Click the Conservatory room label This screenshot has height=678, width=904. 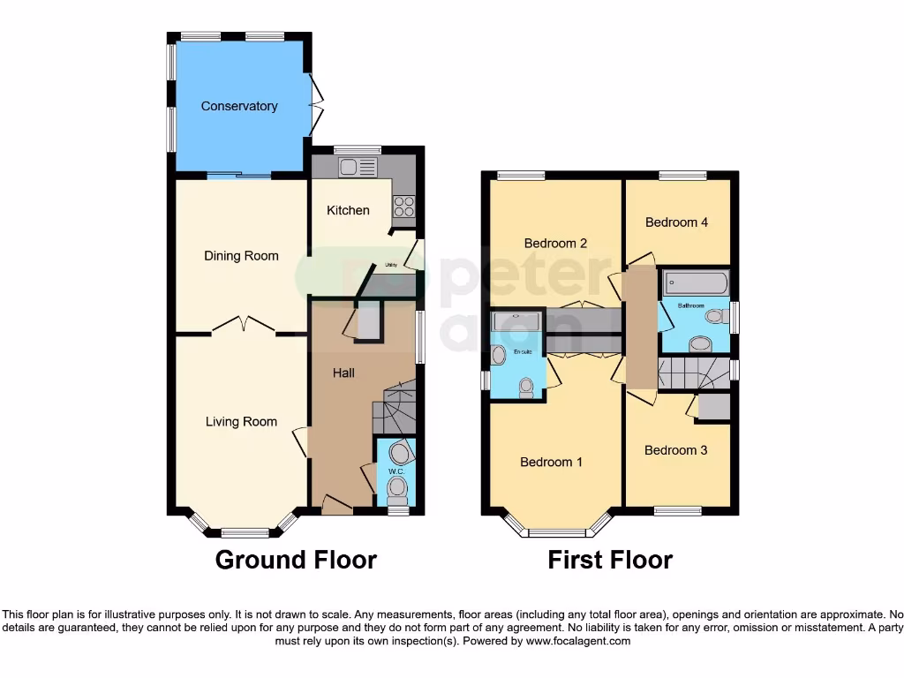tap(239, 106)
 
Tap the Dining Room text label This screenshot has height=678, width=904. tap(241, 256)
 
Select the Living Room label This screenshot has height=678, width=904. tap(241, 422)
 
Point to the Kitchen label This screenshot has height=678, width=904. tap(348, 210)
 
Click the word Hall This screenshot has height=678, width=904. tap(343, 373)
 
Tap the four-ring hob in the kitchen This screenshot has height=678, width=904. tap(403, 207)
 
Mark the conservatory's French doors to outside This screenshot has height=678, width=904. tap(314, 105)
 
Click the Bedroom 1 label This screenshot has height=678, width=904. tap(551, 462)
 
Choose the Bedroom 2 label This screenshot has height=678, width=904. tap(555, 243)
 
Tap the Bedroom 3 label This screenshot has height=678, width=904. tap(675, 450)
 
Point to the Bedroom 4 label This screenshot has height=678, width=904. tap(676, 222)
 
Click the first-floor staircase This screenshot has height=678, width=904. tap(694, 373)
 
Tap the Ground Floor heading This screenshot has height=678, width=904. tap(296, 560)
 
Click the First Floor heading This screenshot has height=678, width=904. tap(610, 560)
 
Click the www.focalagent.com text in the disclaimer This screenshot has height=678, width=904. tap(577, 641)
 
